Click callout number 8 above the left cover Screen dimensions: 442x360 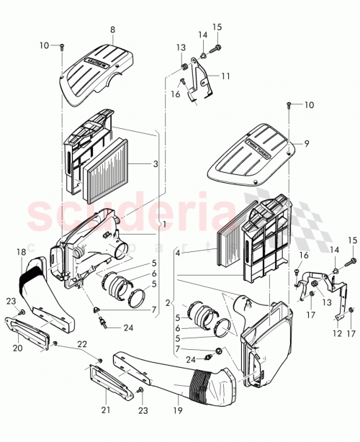[x=112, y=30]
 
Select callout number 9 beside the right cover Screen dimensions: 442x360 [x=306, y=144]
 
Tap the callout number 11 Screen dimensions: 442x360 [x=225, y=76]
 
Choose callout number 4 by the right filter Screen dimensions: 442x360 [x=177, y=252]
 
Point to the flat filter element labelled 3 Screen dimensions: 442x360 [x=108, y=175]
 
